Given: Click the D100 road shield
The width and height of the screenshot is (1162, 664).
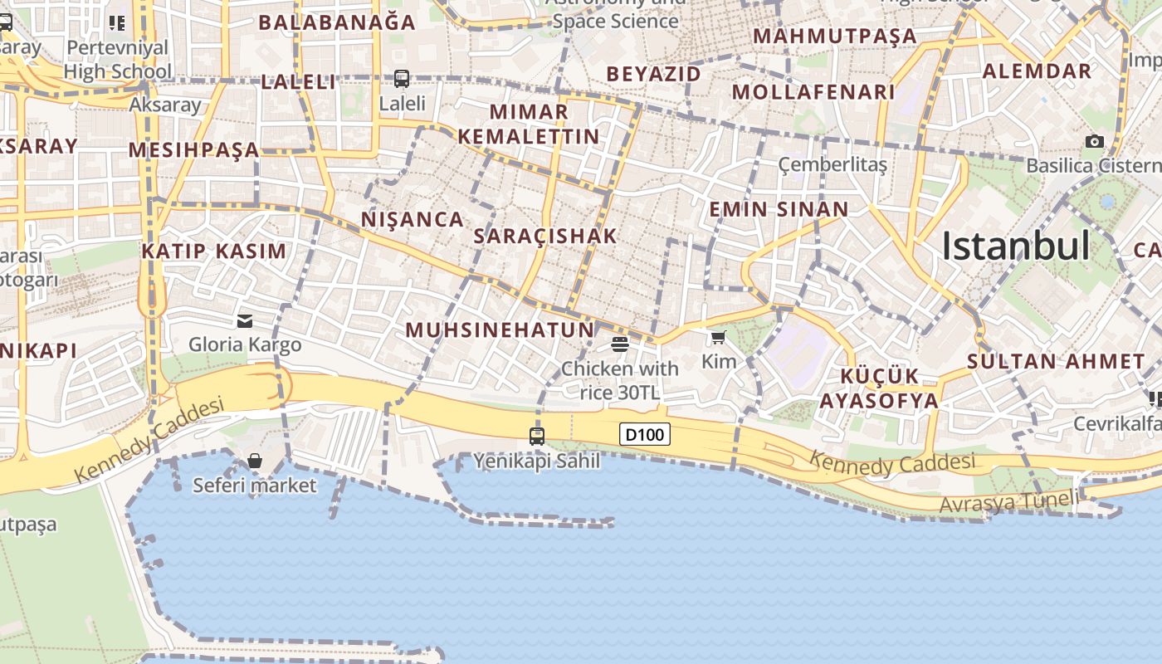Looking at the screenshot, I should pyautogui.click(x=644, y=434).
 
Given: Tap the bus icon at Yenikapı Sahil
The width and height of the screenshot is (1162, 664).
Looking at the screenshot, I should pyautogui.click(x=537, y=436).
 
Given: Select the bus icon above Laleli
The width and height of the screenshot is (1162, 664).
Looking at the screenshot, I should pyautogui.click(x=402, y=79).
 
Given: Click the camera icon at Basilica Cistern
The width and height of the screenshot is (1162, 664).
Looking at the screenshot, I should pyautogui.click(x=1095, y=141).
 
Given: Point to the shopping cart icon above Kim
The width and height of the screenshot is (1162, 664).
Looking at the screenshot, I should pyautogui.click(x=718, y=337).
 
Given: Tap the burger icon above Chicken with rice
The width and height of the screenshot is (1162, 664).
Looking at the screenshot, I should pyautogui.click(x=620, y=344).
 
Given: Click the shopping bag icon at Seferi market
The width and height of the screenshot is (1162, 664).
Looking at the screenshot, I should pyautogui.click(x=255, y=461).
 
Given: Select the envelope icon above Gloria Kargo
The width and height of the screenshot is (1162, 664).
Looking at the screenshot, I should pyautogui.click(x=245, y=320).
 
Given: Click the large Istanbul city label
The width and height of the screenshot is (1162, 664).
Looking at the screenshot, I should pyautogui.click(x=1015, y=246).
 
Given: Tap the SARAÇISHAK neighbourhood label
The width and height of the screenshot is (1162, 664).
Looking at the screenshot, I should pyautogui.click(x=545, y=236).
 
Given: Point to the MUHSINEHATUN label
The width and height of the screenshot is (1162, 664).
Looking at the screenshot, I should pyautogui.click(x=500, y=330).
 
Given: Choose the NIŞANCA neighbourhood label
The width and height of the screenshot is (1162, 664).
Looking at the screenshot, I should pyautogui.click(x=413, y=219).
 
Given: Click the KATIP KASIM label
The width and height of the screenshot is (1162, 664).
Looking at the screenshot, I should pyautogui.click(x=213, y=251).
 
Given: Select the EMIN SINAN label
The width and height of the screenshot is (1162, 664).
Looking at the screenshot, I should pyautogui.click(x=779, y=209).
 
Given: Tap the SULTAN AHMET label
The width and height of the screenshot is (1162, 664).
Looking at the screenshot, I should pyautogui.click(x=1056, y=361).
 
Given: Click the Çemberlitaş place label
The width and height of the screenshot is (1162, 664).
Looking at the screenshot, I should pyautogui.click(x=832, y=164).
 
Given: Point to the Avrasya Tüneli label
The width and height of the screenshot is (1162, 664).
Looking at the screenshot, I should pyautogui.click(x=1008, y=501).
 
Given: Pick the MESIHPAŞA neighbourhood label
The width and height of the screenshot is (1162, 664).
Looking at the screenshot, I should pyautogui.click(x=194, y=150).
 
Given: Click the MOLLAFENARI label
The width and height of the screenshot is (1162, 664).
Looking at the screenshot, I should pyautogui.click(x=813, y=91).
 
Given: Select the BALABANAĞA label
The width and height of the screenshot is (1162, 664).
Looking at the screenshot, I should pyautogui.click(x=337, y=22).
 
